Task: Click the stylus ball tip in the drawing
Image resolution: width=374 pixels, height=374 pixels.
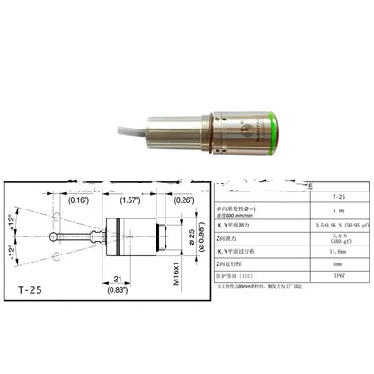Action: pyautogui.click(x=56, y=238)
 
